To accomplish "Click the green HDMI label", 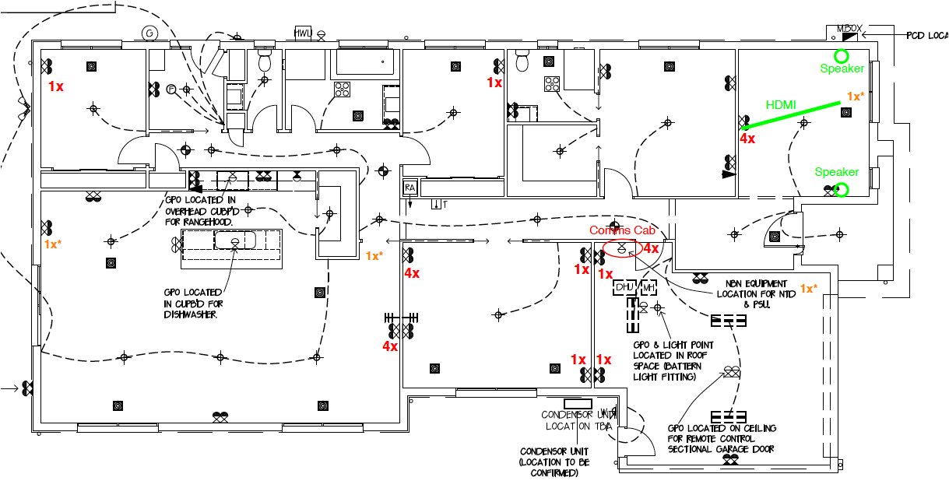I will pos(781,104).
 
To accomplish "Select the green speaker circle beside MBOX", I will pos(841,56).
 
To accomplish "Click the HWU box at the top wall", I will pos(303,33).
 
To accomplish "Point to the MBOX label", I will pos(849,29).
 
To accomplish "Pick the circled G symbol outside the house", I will pos(150,33).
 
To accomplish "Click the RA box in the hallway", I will pos(409,188).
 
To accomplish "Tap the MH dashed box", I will pos(648,288).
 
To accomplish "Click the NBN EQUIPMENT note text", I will pos(756,284).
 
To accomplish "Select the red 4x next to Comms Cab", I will pos(650,248).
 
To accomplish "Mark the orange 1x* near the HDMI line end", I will pos(854,97).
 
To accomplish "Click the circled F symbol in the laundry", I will pos(171,90).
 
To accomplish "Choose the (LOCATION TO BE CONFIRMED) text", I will pos(554,467).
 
